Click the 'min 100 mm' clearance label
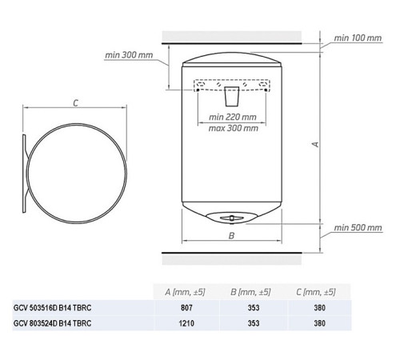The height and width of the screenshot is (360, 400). [358, 38]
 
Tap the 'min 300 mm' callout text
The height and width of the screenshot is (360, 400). [129, 55]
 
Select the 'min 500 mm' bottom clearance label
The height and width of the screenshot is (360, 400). [358, 227]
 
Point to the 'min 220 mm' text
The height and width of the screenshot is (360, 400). [233, 117]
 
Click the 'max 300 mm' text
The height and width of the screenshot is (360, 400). [234, 128]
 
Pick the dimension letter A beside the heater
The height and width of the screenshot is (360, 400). [315, 144]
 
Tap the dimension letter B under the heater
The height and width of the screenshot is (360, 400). [231, 235]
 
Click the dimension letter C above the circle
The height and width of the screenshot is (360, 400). [76, 103]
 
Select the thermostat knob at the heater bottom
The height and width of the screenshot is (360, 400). [232, 218]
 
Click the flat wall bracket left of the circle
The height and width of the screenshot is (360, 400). [24, 174]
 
